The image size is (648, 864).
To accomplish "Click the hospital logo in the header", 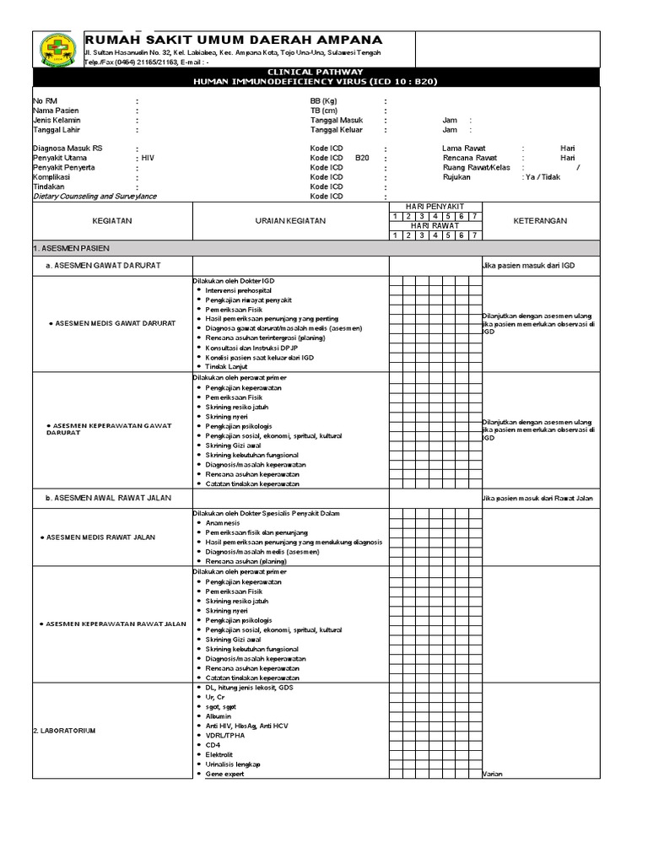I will (57, 50).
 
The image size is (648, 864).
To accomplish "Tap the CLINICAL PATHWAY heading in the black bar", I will (317, 73).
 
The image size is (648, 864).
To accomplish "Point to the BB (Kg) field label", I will (324, 100).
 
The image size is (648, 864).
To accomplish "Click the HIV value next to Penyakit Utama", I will (148, 158).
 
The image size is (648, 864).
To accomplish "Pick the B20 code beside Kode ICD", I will (362, 158).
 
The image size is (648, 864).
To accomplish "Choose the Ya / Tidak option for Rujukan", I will (542, 177).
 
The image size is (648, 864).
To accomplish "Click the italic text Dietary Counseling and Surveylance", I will (94, 197).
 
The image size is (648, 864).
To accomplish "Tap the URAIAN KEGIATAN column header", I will (290, 221).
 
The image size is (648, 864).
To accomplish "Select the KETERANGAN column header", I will (540, 221).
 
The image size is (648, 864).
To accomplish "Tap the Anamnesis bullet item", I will (224, 522).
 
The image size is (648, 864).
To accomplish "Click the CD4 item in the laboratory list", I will (213, 744).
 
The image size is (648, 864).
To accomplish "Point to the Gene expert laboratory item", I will (225, 774).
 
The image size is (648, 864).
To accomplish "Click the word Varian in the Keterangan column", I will (492, 774).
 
